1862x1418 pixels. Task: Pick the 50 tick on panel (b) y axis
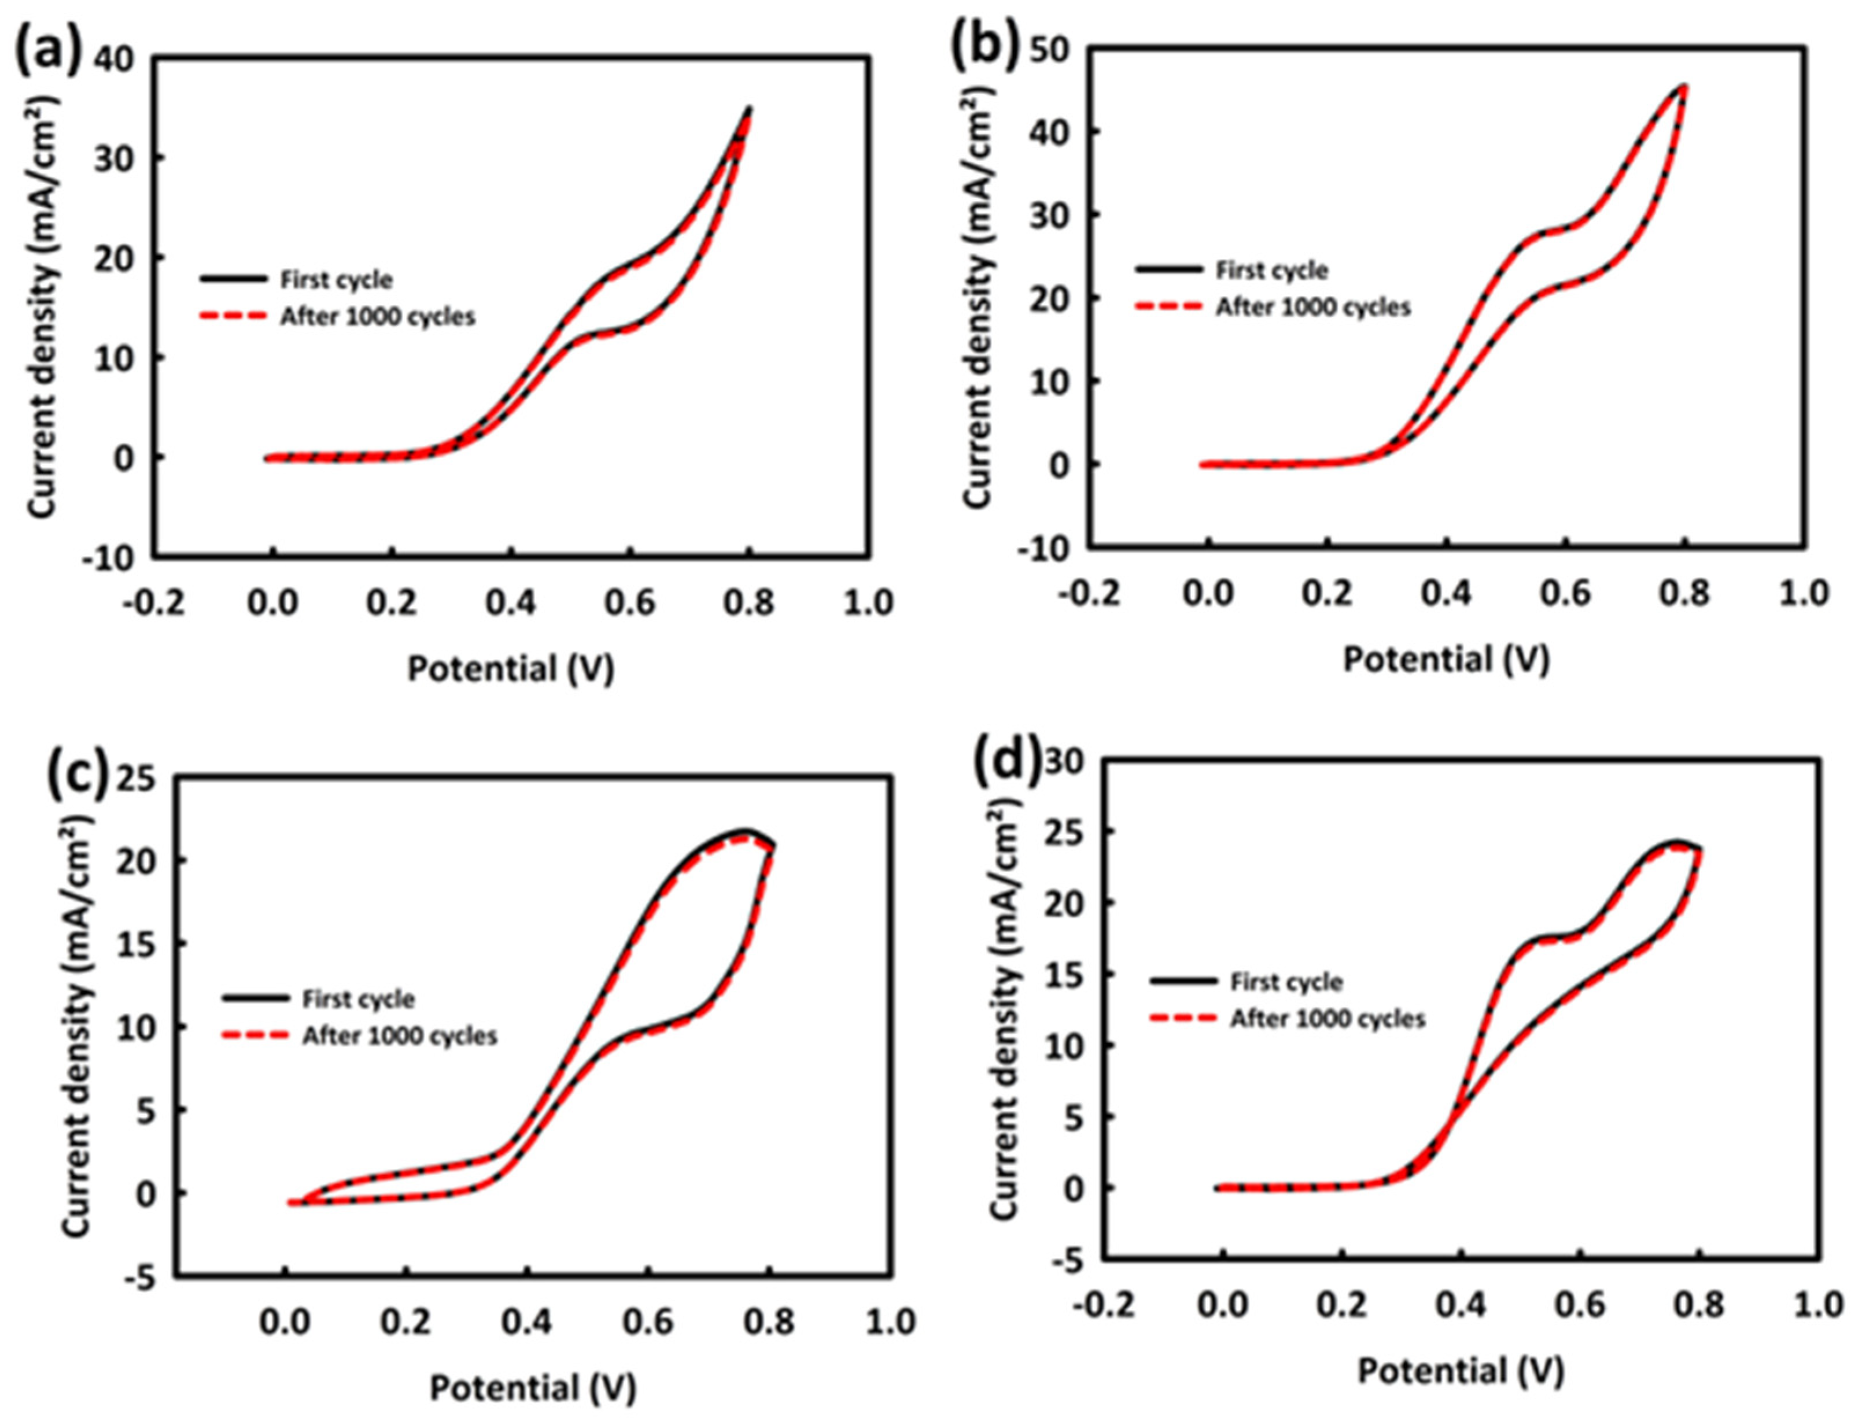tap(1052, 51)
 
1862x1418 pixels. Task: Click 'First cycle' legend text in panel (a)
tap(336, 279)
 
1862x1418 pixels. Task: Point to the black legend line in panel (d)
tap(1183, 982)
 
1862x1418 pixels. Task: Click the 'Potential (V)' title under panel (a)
tap(511, 669)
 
